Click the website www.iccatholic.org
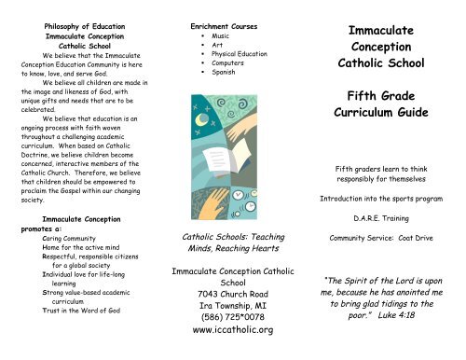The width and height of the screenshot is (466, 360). (231, 330)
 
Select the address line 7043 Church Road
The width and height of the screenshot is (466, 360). (231, 284)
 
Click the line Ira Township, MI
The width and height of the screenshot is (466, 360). (231, 299)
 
